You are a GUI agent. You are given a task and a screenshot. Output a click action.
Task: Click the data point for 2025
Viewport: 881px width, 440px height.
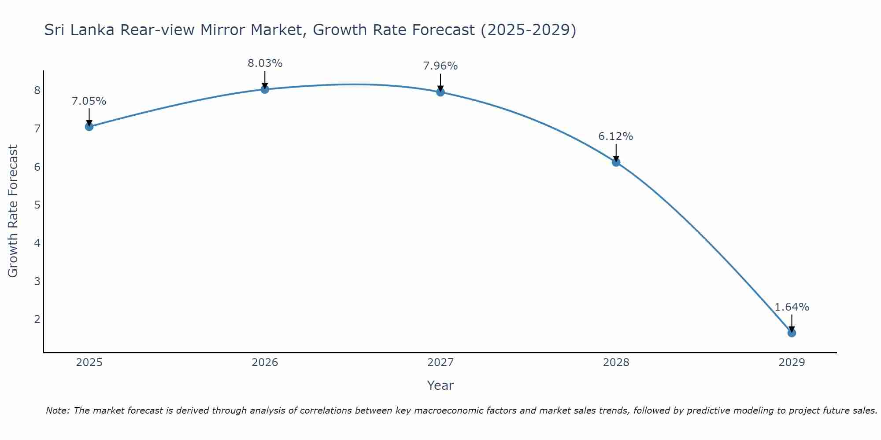(x=89, y=127)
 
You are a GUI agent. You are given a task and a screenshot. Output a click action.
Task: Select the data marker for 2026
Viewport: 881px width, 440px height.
(x=265, y=89)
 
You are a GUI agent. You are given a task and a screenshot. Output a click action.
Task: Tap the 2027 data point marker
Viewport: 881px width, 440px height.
(x=440, y=92)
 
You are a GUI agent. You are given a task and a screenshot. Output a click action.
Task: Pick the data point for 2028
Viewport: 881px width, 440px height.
(x=616, y=162)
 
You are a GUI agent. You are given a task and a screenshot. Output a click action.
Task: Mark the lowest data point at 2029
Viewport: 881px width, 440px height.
(x=792, y=333)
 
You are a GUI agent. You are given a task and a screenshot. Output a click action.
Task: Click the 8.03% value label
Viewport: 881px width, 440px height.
(x=265, y=63)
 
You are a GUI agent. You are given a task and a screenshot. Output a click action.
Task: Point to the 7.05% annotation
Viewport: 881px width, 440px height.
(x=89, y=101)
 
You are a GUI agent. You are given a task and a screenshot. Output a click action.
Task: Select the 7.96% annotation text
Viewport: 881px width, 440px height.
(x=440, y=66)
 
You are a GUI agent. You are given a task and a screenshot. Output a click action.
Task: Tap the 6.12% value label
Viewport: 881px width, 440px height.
(x=615, y=136)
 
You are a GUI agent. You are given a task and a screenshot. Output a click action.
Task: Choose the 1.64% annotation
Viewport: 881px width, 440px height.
(x=792, y=307)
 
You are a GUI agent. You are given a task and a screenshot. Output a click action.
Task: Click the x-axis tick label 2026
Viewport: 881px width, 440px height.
(x=265, y=363)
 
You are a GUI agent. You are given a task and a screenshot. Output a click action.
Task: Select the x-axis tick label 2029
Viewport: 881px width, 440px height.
(x=792, y=363)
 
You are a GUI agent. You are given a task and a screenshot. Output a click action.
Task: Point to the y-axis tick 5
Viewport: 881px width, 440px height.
(x=37, y=205)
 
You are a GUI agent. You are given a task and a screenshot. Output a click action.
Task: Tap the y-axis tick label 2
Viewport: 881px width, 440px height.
(x=37, y=319)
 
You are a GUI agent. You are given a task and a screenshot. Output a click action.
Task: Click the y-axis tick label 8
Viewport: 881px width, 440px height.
(x=37, y=91)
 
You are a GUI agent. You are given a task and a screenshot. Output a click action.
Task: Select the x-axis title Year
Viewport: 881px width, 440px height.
(x=440, y=385)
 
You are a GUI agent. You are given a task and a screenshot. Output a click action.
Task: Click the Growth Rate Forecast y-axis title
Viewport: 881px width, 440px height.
(x=13, y=211)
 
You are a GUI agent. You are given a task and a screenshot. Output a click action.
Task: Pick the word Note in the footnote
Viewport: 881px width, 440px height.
(x=57, y=411)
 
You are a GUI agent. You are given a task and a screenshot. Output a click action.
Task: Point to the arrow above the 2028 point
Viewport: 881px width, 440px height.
(x=616, y=153)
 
